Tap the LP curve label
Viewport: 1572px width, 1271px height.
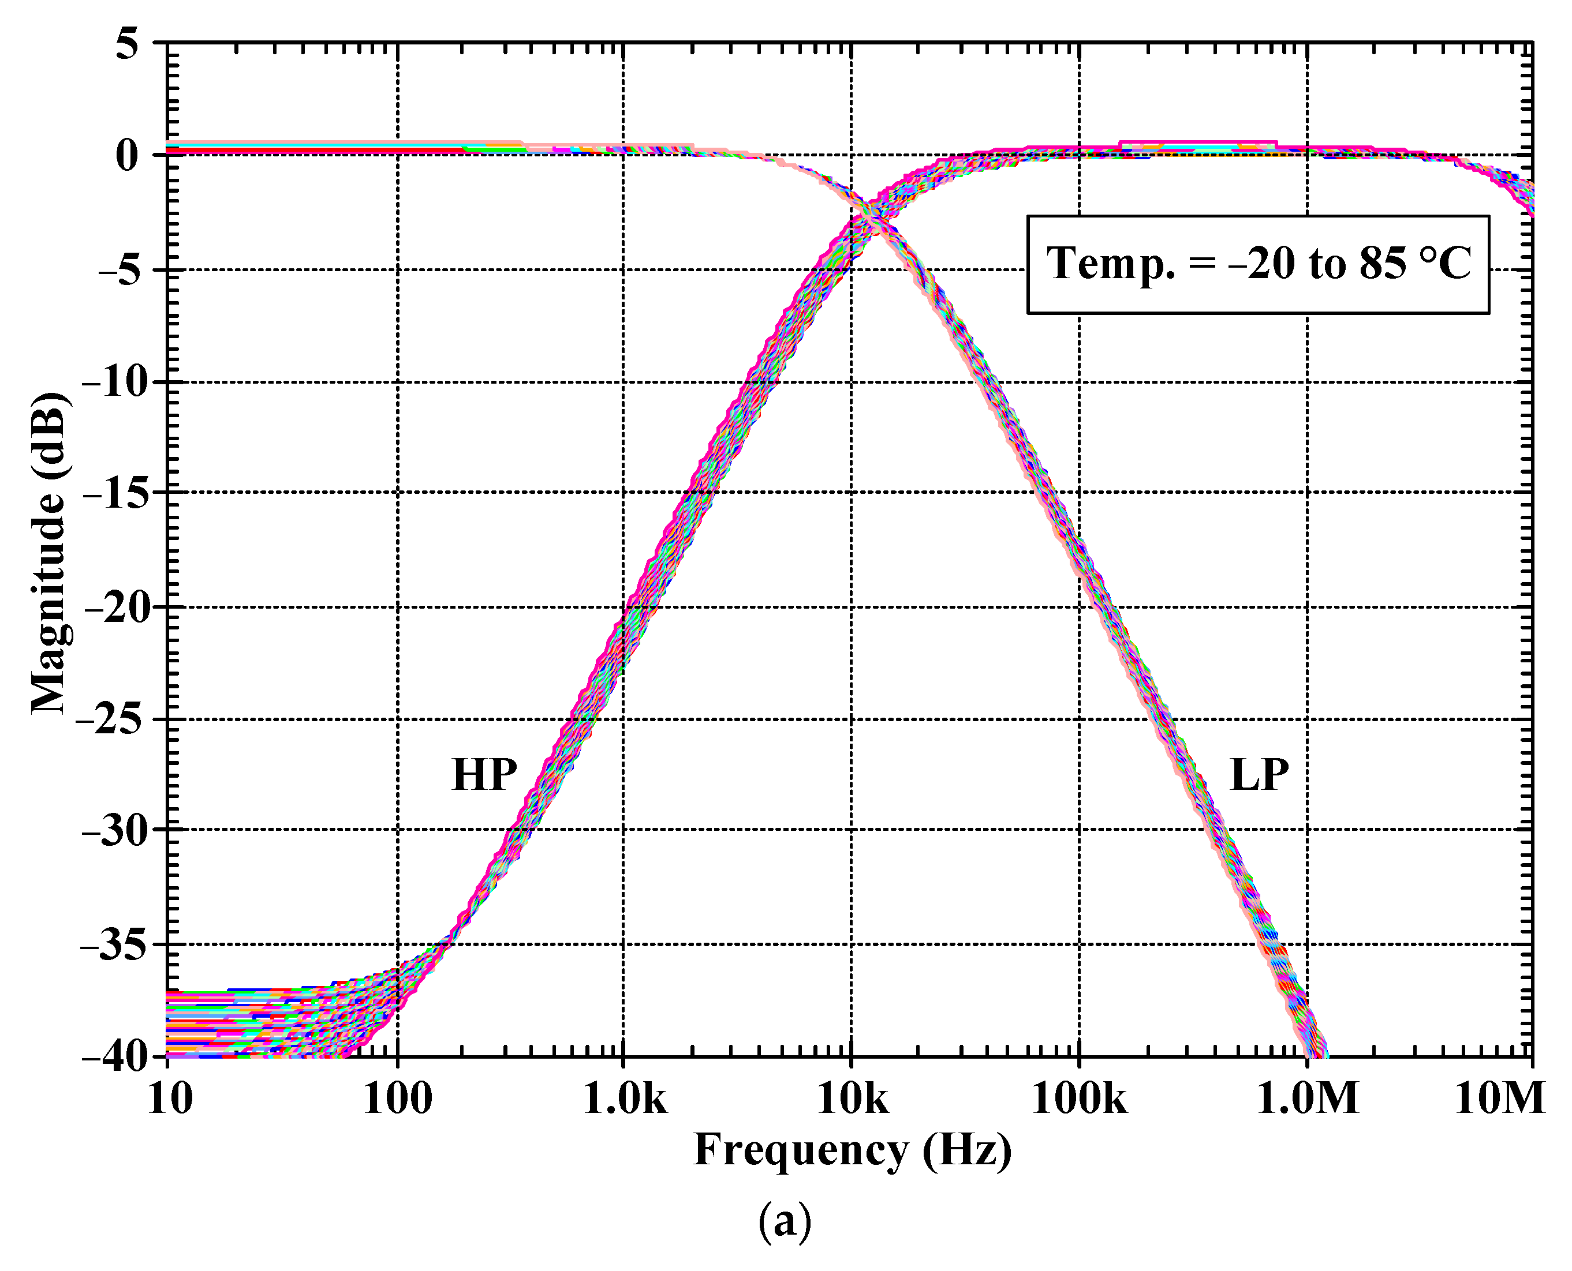tap(1259, 775)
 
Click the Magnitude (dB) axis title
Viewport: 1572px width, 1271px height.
tap(49, 553)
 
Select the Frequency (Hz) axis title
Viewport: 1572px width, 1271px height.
tap(852, 1151)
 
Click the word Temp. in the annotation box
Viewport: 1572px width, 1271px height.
tap(1109, 264)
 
